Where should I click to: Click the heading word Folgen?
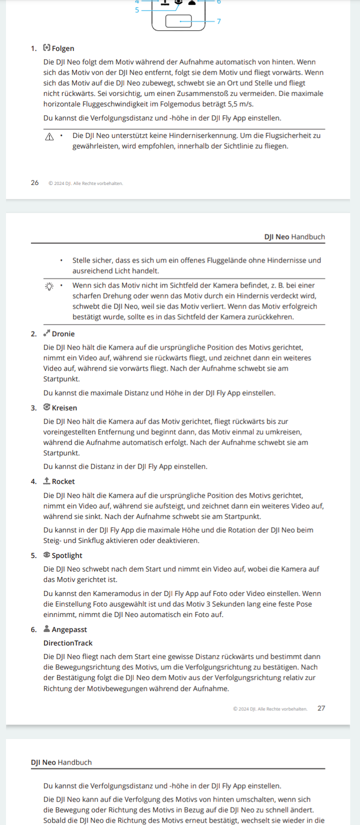63,48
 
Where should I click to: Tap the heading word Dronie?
63,334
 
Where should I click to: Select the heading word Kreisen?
64,408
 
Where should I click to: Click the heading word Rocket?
63,481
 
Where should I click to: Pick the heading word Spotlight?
67,555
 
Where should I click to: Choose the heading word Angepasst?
69,629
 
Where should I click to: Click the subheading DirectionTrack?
68,643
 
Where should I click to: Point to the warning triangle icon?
49,136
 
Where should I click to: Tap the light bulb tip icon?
49,286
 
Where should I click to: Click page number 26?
34,183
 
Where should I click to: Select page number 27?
321,708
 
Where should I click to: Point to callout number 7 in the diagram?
218,21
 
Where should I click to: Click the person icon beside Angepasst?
46,628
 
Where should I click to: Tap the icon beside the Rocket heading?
46,481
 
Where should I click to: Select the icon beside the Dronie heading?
46,333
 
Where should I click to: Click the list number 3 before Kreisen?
33,408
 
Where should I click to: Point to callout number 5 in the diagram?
137,10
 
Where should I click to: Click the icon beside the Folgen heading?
46,48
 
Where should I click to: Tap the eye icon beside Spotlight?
46,554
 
